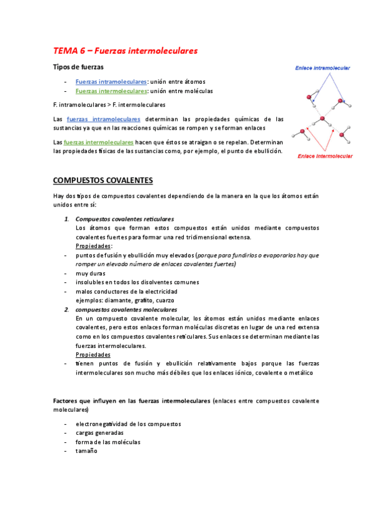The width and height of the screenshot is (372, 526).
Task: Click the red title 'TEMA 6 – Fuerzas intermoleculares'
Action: (x=125, y=50)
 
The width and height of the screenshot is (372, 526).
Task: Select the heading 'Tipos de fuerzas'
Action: (x=78, y=67)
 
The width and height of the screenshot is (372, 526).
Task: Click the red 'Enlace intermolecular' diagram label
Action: (x=325, y=156)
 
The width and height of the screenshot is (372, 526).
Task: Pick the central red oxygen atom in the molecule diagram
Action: (x=322, y=119)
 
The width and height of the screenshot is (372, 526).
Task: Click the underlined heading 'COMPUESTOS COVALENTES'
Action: (x=103, y=181)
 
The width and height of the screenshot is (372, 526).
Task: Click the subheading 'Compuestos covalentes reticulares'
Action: (x=124, y=219)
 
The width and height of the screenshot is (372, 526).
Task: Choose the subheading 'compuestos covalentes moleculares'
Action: (x=126, y=309)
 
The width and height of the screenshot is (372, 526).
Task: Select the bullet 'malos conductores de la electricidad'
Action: (x=126, y=291)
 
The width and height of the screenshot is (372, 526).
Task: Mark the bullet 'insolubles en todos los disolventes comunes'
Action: (x=137, y=282)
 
